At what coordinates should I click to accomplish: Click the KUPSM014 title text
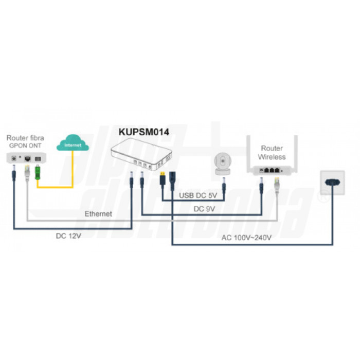pyautogui.click(x=143, y=132)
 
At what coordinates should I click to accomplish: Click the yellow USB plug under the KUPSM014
pyautogui.click(x=162, y=181)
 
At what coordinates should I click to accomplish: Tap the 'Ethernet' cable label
pyautogui.click(x=97, y=213)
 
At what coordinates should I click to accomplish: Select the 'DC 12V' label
pyautogui.click(x=69, y=237)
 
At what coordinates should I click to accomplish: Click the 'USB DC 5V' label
pyautogui.click(x=198, y=195)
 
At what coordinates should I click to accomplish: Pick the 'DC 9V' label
pyautogui.click(x=204, y=210)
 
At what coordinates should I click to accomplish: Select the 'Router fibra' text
pyautogui.click(x=25, y=138)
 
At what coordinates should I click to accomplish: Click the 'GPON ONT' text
pyautogui.click(x=25, y=146)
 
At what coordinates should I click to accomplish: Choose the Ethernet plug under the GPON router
pyautogui.click(x=26, y=175)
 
